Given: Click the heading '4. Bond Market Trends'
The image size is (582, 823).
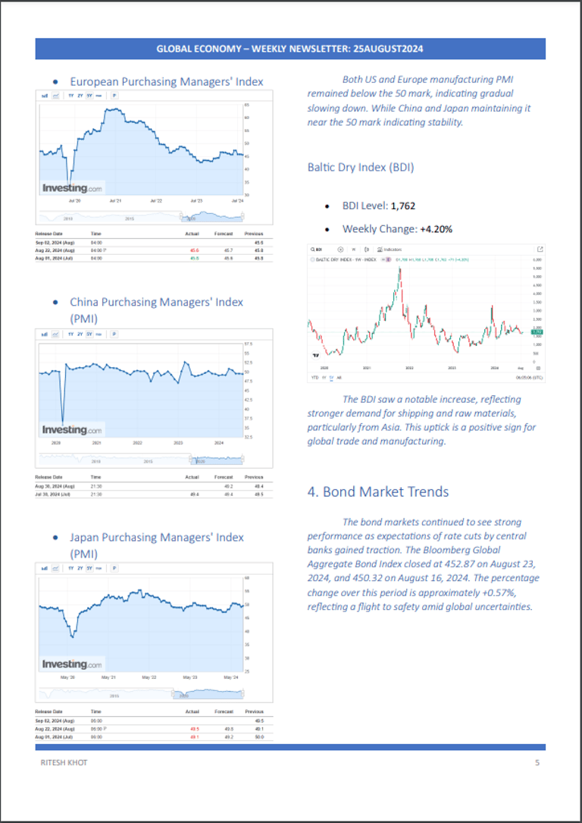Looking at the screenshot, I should pyautogui.click(x=377, y=492).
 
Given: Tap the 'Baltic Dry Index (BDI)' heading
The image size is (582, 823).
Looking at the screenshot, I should pyautogui.click(x=360, y=167).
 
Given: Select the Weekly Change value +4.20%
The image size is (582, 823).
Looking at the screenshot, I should pyautogui.click(x=436, y=228).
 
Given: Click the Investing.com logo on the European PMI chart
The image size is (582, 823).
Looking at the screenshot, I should pyautogui.click(x=72, y=188).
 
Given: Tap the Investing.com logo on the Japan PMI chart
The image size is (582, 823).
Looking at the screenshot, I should pyautogui.click(x=72, y=664).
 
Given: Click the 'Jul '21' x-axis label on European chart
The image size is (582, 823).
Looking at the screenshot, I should pyautogui.click(x=116, y=201).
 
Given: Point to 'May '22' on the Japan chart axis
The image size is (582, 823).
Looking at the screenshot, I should pyautogui.click(x=148, y=677).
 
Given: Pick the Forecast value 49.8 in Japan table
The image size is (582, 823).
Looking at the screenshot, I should pyautogui.click(x=224, y=728).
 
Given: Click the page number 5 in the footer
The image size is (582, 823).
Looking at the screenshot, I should pyautogui.click(x=537, y=762).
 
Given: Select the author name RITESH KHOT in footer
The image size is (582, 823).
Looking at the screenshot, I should pyautogui.click(x=63, y=762).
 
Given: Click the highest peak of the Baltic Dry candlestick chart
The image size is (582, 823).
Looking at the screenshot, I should pyautogui.click(x=399, y=269).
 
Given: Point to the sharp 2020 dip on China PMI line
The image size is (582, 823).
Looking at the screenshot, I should pyautogui.click(x=62, y=421).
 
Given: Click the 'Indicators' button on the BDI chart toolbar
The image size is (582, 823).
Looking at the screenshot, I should pyautogui.click(x=391, y=249).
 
